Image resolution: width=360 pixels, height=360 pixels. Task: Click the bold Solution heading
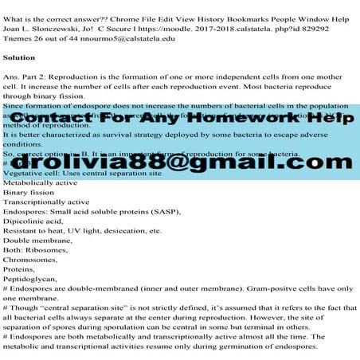click(x=19, y=57)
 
